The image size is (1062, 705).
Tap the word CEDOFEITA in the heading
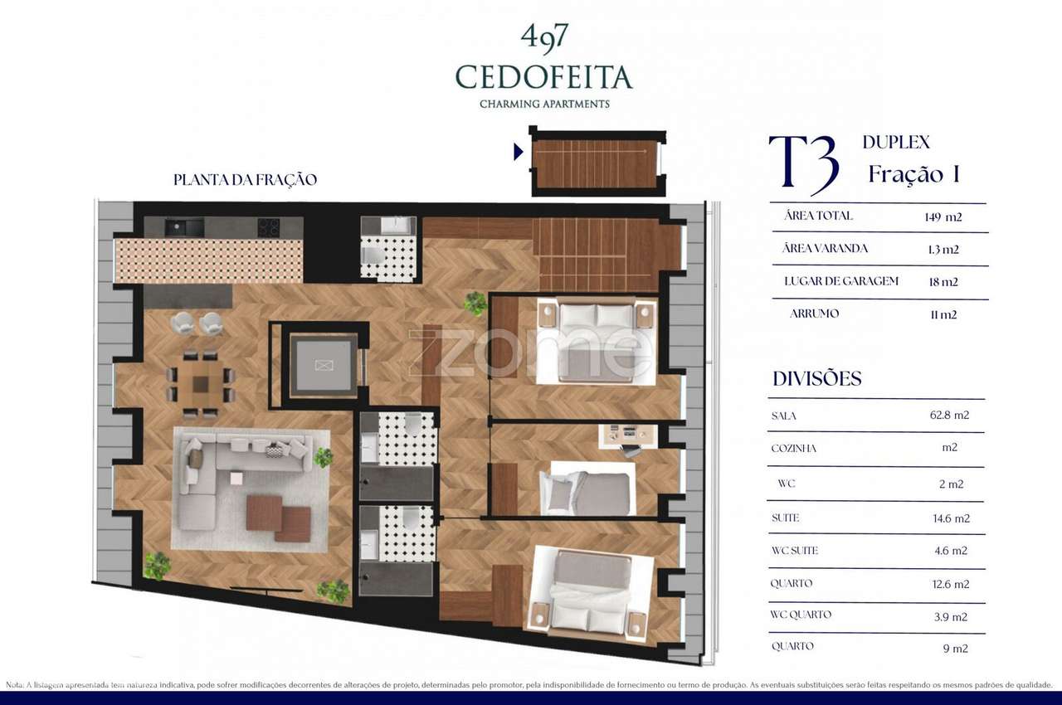(x=543, y=77)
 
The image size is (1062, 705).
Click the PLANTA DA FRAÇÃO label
(x=245, y=180)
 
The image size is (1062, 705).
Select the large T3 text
(x=803, y=164)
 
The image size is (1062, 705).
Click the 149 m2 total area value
(x=943, y=217)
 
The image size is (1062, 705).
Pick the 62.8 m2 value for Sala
(x=950, y=416)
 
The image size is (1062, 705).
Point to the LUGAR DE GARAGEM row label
(x=841, y=281)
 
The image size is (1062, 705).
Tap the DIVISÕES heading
(x=816, y=379)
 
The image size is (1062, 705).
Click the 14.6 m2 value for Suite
(x=950, y=518)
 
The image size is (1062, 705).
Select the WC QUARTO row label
(x=801, y=615)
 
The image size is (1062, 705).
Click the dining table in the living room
(x=201, y=384)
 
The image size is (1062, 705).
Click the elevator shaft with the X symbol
(x=323, y=365)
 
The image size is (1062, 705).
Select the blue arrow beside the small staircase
(x=519, y=152)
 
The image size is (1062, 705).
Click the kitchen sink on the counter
(x=183, y=226)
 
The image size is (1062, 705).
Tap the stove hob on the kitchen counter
(x=268, y=226)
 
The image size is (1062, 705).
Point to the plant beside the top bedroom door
(x=475, y=303)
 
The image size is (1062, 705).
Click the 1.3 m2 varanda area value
(x=943, y=249)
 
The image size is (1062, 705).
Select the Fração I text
(x=913, y=174)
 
